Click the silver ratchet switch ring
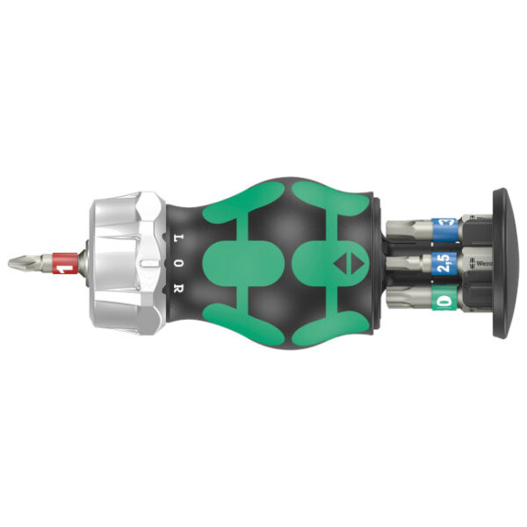[x=123, y=262]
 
